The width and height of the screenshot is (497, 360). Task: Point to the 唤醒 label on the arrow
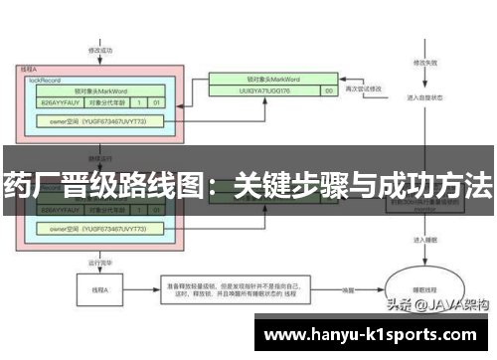(x=349, y=289)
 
